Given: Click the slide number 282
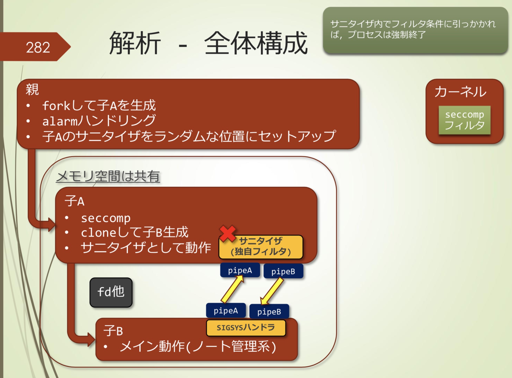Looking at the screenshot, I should click(38, 47).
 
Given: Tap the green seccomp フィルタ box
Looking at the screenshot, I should click(464, 120).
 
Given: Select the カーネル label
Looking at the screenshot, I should click(460, 92).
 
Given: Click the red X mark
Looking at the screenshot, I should click(227, 233).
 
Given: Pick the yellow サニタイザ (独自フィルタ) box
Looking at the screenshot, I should click(261, 247).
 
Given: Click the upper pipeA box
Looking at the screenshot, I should click(240, 271).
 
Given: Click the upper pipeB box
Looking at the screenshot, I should click(283, 272).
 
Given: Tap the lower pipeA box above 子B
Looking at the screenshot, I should click(226, 311).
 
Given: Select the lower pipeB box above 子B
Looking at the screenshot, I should click(269, 312).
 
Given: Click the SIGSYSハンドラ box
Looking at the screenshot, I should click(246, 328).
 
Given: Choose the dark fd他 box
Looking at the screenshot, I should click(111, 292).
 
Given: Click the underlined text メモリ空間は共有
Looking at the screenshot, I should click(108, 177).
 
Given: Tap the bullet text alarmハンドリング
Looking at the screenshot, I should click(99, 121).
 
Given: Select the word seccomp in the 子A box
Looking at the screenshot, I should click(106, 218).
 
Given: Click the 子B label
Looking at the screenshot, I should click(113, 331).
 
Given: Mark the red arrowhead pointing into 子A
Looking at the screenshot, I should click(51, 224).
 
